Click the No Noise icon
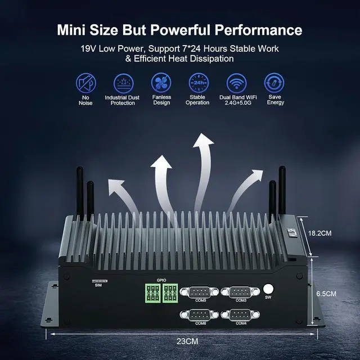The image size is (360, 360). click(86, 84)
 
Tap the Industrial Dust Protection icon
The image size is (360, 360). click(123, 84)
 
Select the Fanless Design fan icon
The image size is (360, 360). click(161, 84)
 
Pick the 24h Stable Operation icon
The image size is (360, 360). click(198, 84)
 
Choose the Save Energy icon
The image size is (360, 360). click(274, 84)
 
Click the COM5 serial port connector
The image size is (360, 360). click(200, 292)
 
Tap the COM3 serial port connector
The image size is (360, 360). click(241, 292)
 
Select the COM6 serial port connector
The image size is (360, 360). click(200, 315)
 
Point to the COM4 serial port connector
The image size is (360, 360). click(241, 315)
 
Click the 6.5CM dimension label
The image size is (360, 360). click(326, 294)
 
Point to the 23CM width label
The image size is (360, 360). click(186, 341)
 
